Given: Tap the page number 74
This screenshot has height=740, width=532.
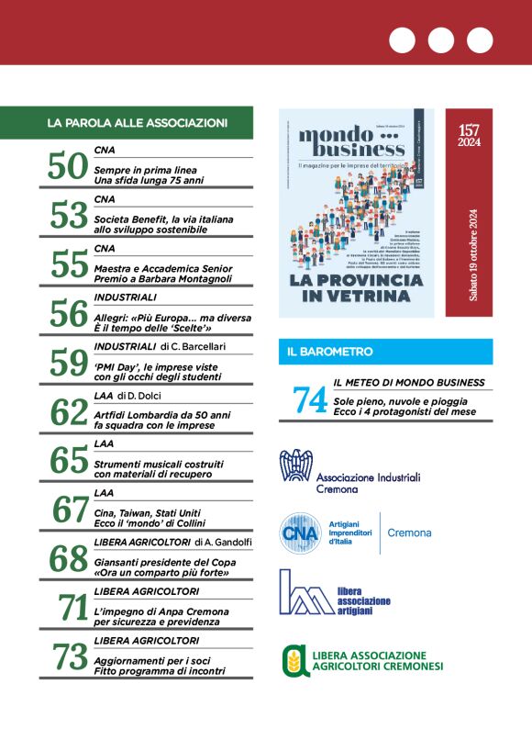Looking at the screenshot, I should click(309, 398).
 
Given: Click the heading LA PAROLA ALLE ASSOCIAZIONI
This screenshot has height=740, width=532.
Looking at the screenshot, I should click(137, 122).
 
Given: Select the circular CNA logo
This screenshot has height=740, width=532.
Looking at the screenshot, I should click(298, 533).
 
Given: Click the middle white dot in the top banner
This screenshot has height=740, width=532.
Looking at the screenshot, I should click(441, 40).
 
